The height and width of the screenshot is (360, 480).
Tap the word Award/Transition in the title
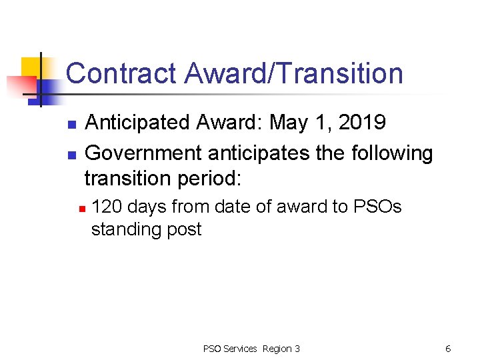[293, 73]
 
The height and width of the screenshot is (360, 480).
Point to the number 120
[107, 207]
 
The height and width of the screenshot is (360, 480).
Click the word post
[185, 230]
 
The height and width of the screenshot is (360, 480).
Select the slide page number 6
[448, 349]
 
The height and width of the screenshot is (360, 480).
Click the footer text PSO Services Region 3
[251, 349]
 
